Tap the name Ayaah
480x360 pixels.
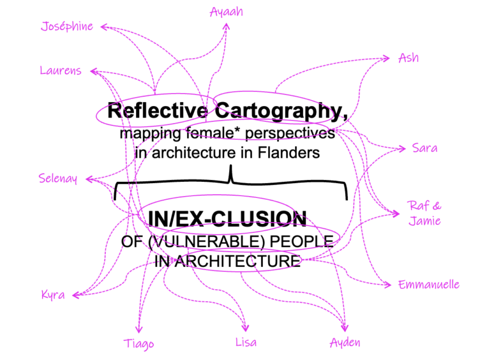pos(226,11)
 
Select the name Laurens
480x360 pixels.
pos(61,71)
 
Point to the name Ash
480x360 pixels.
pos(409,58)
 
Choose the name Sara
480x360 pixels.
pos(424,148)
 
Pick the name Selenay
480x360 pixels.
pos(58,178)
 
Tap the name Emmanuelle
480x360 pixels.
pos(429,285)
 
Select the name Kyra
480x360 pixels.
pos(53,295)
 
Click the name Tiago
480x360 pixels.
pos(139,344)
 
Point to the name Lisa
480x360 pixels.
pos(246,342)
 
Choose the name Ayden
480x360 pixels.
pos(345,343)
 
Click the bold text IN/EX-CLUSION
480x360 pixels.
pos(223,218)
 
